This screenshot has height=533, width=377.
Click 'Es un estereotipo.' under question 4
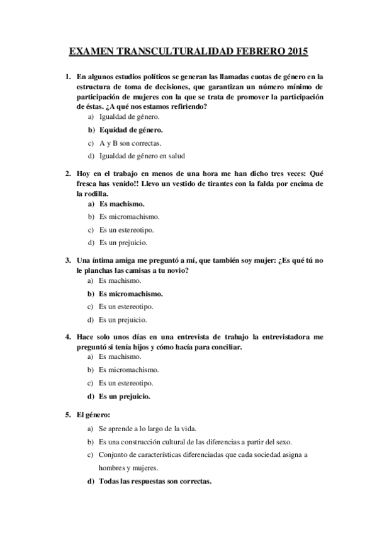pos(126,383)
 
